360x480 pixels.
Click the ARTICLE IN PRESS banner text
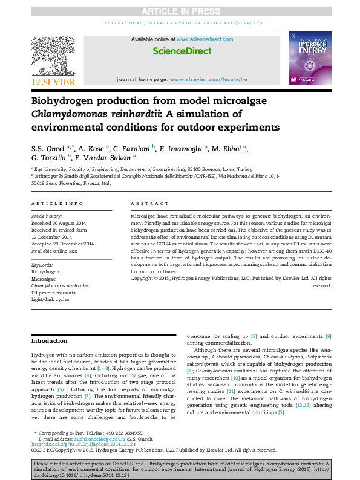[180, 11]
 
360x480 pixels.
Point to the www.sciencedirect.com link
[205, 40]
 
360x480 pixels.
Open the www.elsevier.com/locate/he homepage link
[209, 79]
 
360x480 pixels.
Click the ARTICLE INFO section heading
[57, 204]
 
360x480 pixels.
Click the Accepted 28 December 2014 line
[62, 244]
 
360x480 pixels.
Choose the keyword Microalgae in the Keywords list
[44, 279]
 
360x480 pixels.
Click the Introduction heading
[49, 341]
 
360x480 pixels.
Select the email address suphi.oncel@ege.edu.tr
[94, 437]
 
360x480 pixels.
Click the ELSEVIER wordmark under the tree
[53, 82]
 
